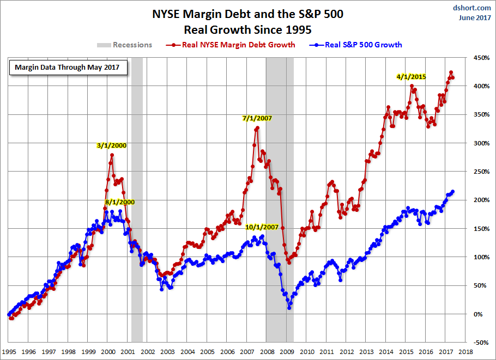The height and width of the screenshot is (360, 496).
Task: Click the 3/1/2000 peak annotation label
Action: (x=112, y=145)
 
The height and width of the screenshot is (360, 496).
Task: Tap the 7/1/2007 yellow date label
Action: (x=257, y=118)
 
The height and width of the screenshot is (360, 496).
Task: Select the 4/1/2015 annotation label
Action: (x=412, y=77)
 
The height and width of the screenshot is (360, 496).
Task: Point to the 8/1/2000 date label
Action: (x=119, y=202)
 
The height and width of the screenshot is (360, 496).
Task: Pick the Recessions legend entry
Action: (x=125, y=45)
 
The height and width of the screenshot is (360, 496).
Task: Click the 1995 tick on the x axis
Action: (x=9, y=352)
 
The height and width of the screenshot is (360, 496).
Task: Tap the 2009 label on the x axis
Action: (x=287, y=352)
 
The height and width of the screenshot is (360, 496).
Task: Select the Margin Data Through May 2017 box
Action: (x=68, y=68)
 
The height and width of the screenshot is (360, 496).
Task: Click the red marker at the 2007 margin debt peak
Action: (x=257, y=127)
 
